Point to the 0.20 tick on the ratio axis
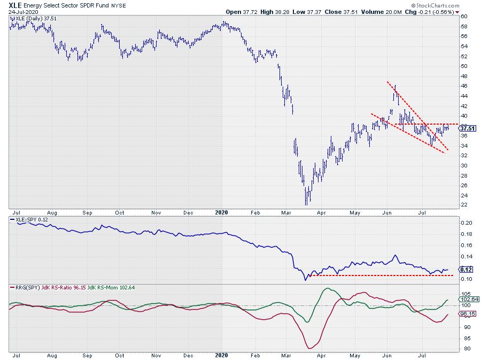point(467,223)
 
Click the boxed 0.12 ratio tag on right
point(466,270)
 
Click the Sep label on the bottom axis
point(87,354)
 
